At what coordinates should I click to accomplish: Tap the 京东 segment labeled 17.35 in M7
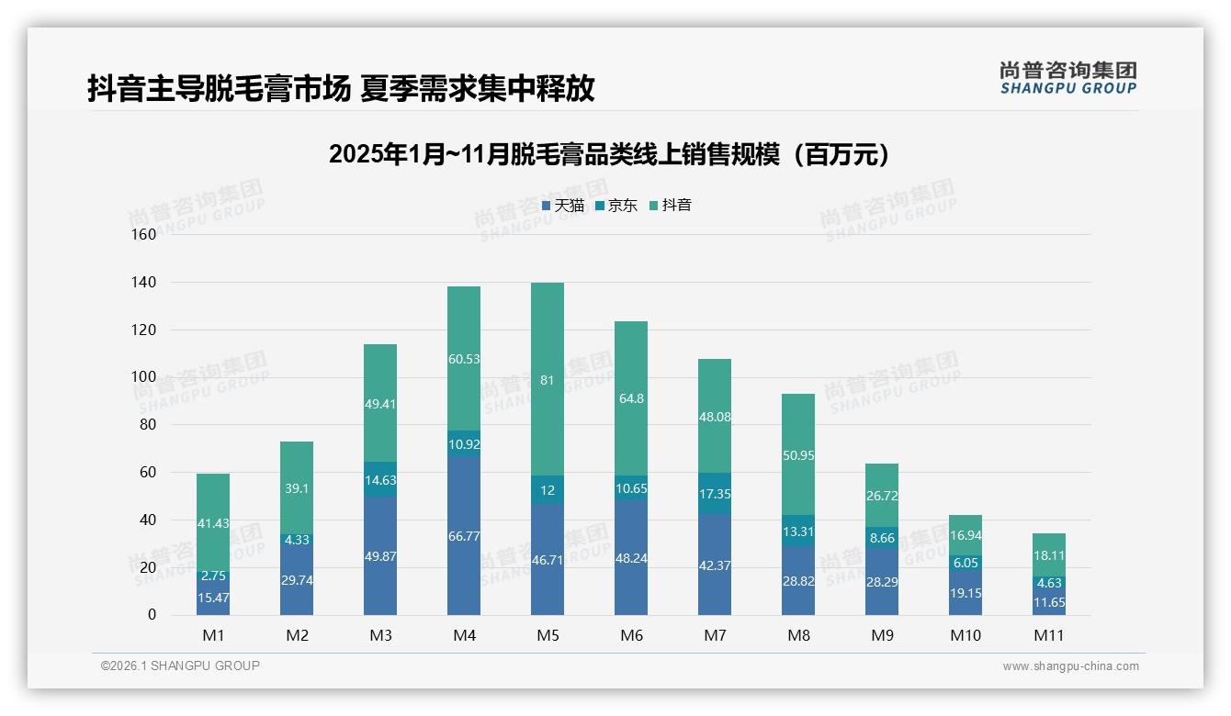[x=715, y=494]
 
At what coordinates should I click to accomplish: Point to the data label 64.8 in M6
[x=631, y=398]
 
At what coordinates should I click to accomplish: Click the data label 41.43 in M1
[x=213, y=523]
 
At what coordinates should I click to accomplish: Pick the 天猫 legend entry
[x=563, y=206]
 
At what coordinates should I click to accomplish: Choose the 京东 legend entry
[x=616, y=206]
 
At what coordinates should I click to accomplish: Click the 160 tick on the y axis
[x=144, y=234]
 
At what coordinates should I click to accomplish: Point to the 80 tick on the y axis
[x=148, y=425]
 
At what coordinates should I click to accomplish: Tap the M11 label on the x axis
[x=1048, y=635]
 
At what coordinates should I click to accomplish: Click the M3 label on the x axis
[x=380, y=635]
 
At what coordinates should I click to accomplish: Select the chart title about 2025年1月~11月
[x=610, y=154]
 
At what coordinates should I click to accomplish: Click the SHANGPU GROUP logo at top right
[x=1068, y=78]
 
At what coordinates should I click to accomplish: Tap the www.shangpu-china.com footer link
[x=1070, y=666]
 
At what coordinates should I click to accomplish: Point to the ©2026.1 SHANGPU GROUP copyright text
[x=180, y=666]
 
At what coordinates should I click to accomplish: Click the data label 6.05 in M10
[x=966, y=563]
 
